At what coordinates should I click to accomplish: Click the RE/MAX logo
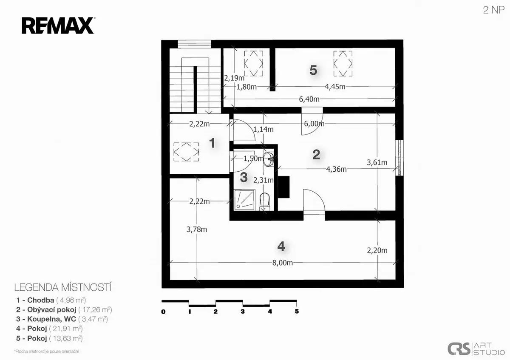click(58, 26)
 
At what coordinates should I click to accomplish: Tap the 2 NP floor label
click(493, 10)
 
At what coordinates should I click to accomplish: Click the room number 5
click(313, 70)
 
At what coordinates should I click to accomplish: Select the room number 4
click(281, 247)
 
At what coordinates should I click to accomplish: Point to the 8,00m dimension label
click(283, 263)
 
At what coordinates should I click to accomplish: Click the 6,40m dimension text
click(309, 99)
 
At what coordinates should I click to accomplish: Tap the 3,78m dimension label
click(197, 229)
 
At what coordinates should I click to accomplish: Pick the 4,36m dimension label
click(336, 169)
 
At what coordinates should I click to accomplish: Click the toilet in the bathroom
click(264, 201)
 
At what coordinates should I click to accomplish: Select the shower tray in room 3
click(244, 200)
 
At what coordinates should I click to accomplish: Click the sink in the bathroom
click(269, 159)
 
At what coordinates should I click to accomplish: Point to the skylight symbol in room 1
click(186, 152)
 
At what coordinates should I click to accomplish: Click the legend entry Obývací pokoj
click(52, 310)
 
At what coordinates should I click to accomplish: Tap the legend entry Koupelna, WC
click(52, 319)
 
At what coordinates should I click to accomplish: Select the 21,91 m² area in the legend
click(66, 329)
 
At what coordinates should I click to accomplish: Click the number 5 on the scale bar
click(297, 311)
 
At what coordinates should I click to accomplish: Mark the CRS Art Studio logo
click(476, 349)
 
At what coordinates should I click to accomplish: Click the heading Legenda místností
click(63, 287)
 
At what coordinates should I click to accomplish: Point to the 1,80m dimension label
click(246, 87)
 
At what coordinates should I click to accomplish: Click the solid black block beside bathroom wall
click(284, 187)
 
